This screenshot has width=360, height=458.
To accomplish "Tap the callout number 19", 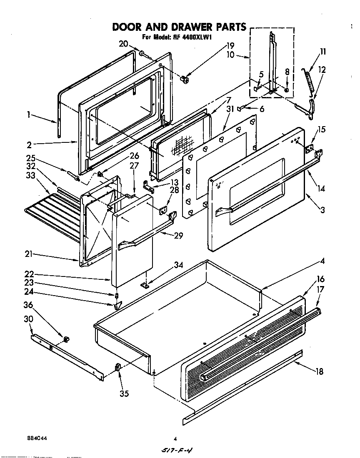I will (x=230, y=46).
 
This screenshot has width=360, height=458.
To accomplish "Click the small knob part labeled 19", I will (x=185, y=79).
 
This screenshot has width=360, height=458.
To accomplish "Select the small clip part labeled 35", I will (x=117, y=367).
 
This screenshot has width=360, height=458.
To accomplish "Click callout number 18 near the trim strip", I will (x=319, y=371).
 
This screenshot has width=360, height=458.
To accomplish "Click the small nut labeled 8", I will (x=287, y=90).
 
